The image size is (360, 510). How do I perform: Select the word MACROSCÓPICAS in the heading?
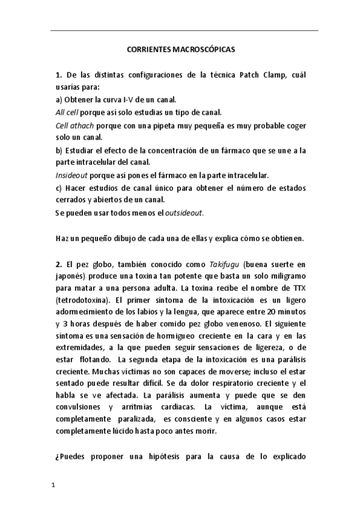point(203,52)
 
